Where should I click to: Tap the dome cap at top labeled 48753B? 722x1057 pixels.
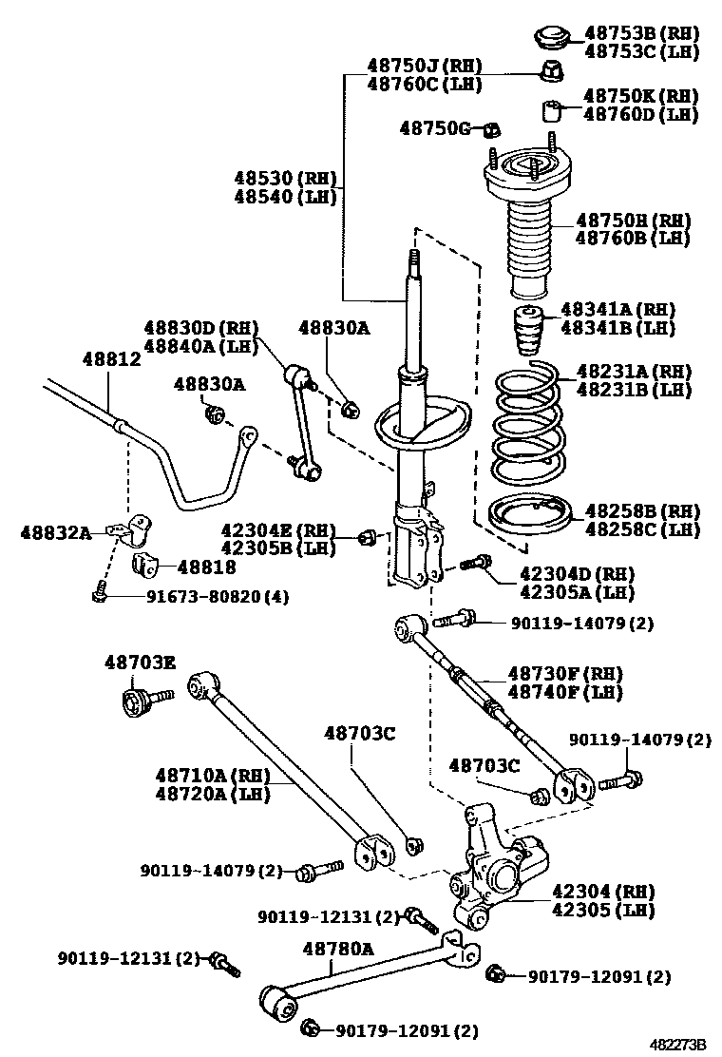point(549,38)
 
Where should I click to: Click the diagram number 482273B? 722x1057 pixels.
point(679,1044)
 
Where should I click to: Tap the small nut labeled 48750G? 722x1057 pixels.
point(492,128)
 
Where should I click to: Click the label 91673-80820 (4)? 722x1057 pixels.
point(218,596)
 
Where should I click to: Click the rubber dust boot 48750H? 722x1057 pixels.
point(529,245)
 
